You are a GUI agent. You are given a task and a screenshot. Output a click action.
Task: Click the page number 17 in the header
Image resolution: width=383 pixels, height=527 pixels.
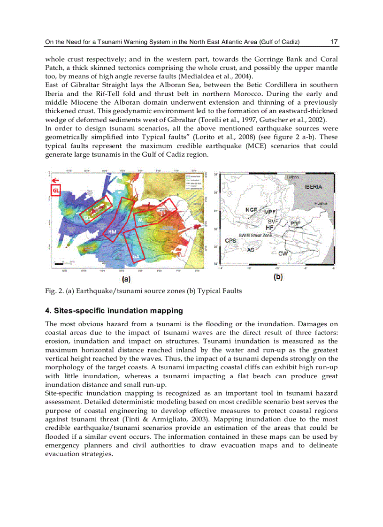[x=334, y=42]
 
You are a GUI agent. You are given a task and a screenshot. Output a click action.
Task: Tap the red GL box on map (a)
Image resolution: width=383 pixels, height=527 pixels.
[x=55, y=190]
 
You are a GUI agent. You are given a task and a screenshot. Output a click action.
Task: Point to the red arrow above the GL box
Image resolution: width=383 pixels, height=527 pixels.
[x=55, y=180]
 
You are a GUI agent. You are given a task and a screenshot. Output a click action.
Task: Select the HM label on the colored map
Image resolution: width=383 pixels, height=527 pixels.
[x=112, y=232]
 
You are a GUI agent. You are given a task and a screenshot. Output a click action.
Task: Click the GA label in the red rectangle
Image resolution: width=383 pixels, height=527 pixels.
[x=136, y=256]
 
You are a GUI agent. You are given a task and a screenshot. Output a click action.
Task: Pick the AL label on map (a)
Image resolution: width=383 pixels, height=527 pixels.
[x=140, y=219]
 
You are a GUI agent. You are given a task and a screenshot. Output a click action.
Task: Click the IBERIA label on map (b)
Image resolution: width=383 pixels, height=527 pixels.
[x=313, y=187]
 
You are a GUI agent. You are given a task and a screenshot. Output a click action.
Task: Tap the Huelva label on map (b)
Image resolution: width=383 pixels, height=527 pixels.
[x=321, y=203]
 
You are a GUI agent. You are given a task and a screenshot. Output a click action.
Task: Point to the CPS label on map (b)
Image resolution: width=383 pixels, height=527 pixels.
[x=230, y=241]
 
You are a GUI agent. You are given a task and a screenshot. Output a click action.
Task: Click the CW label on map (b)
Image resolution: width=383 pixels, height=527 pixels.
[x=283, y=253]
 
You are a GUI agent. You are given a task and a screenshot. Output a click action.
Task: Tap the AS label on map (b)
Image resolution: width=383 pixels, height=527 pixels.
[x=251, y=250]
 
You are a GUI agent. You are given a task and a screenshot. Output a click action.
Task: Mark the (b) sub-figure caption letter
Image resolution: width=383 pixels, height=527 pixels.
[x=278, y=277]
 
